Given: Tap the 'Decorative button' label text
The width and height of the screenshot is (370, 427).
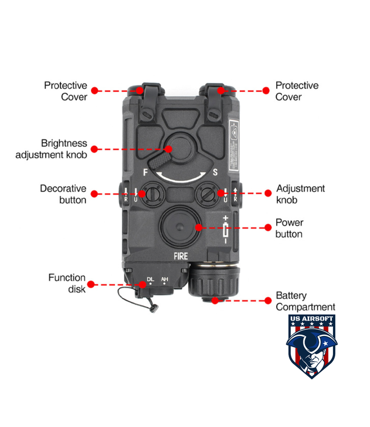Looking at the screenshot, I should [x=63, y=194].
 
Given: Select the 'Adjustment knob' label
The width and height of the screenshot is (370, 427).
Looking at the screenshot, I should [x=300, y=194].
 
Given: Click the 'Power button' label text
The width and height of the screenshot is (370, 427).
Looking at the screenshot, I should [x=289, y=228].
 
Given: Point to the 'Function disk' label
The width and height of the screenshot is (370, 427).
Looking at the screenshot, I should [x=67, y=283].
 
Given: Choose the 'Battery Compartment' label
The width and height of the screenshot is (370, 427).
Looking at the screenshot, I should [x=305, y=301].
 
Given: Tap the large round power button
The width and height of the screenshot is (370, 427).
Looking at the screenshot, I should [x=178, y=227].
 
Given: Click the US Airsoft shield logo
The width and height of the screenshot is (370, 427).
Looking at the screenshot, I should [x=310, y=346].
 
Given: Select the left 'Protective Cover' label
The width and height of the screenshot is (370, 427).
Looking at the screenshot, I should [x=65, y=91].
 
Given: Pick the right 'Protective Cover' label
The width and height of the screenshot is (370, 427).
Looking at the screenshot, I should [x=297, y=91].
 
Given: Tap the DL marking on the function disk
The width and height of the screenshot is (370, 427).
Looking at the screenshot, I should [x=150, y=279].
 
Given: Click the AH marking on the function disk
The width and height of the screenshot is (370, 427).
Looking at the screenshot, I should [x=165, y=279].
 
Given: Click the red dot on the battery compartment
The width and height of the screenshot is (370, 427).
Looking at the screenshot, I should [x=215, y=300].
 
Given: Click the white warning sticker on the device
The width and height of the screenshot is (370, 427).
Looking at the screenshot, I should [x=235, y=146].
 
